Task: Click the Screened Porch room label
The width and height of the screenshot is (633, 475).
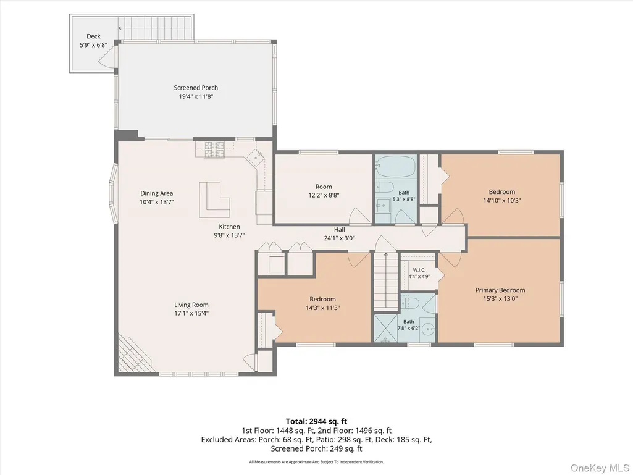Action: pos(196,88)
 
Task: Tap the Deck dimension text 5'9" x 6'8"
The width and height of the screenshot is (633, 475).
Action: pos(93,45)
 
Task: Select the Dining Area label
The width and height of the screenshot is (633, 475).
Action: pos(157,193)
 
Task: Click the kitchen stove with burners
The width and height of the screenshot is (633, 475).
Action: pos(214,149)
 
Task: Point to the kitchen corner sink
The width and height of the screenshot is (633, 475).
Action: pos(256,157)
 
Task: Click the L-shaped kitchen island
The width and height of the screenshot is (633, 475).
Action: pos(214,200)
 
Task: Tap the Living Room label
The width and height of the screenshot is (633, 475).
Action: pos(191,305)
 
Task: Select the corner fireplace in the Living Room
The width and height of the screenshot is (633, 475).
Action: pos(132,354)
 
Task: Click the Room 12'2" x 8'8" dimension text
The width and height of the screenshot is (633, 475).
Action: pos(324,195)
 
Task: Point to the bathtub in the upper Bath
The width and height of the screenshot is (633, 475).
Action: pos(396,167)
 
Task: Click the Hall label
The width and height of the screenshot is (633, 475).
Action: pos(340,229)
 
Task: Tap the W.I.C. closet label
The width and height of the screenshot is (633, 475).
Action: pos(419,270)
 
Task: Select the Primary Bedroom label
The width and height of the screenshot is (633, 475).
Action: pos(500,290)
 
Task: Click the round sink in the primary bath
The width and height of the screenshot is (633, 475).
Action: pos(428,330)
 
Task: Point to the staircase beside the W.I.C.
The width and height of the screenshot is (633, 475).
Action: pos(385,281)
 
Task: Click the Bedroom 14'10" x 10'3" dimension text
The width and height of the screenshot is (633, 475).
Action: pos(502,200)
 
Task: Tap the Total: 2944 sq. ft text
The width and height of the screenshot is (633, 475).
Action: pos(316,422)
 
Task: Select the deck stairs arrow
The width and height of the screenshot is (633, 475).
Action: pos(154,28)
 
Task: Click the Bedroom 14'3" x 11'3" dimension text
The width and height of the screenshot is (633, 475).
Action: pos(322,308)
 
